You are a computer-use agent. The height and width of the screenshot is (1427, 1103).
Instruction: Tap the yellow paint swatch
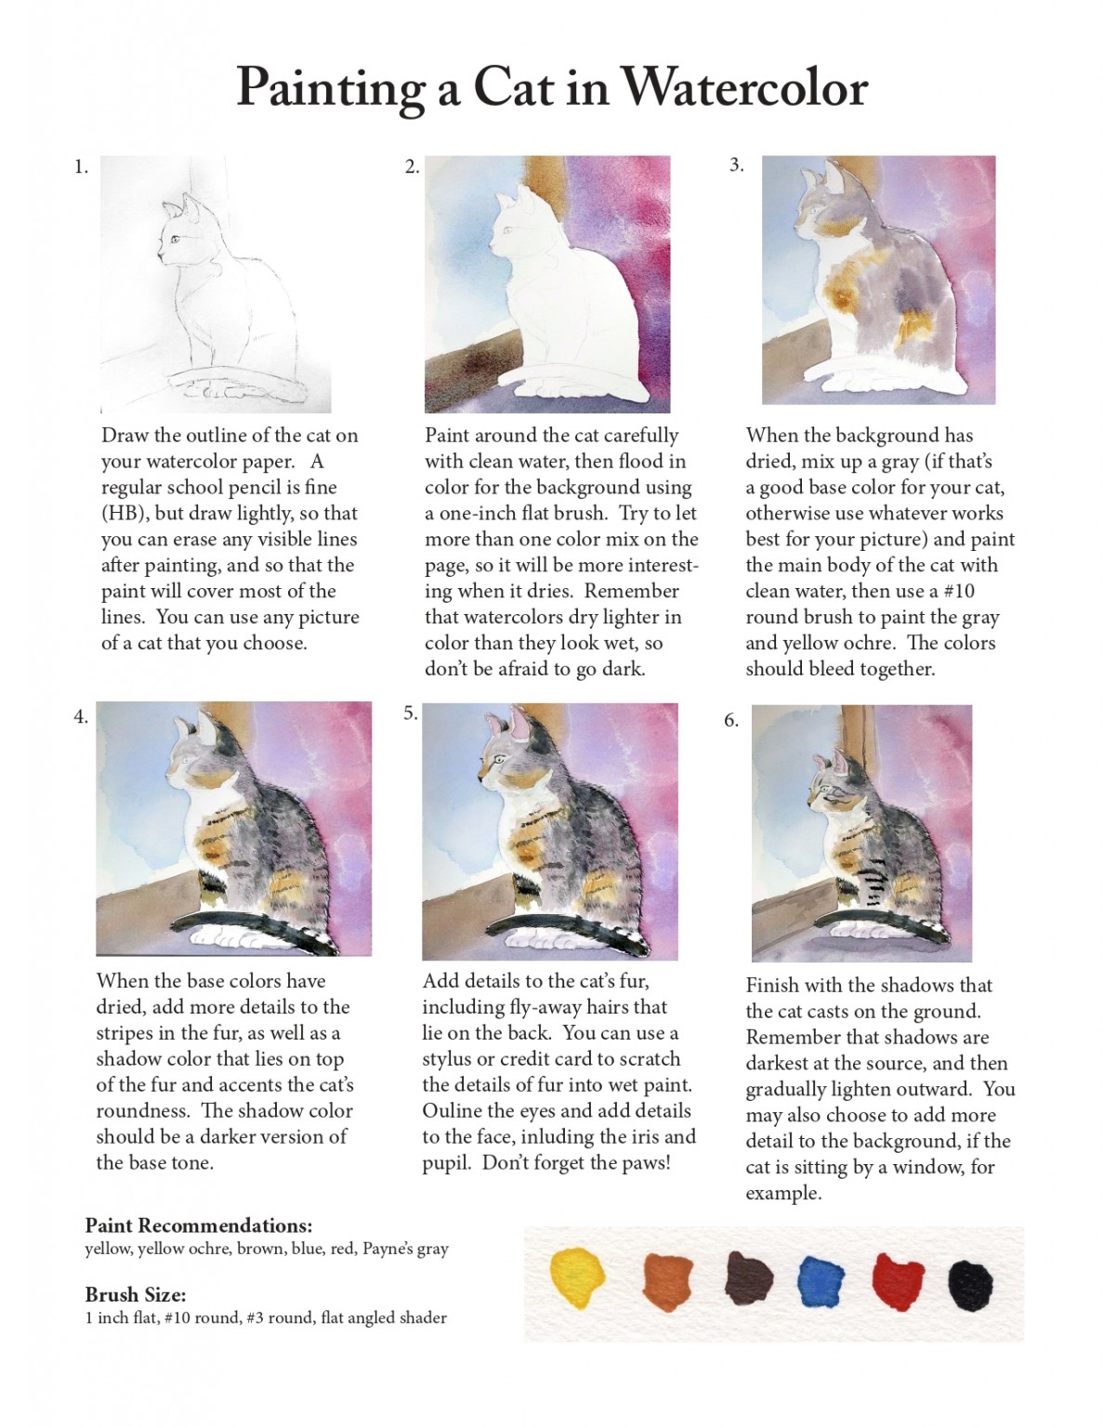[577, 1280]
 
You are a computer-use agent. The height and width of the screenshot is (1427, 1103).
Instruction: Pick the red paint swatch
[897, 1281]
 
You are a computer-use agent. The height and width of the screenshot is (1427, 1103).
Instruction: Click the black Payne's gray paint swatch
[970, 1285]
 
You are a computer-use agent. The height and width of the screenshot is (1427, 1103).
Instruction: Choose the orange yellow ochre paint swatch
[667, 1282]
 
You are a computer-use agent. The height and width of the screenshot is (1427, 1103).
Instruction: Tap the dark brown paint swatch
[748, 1279]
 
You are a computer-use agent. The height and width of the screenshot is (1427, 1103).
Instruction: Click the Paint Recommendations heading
[198, 1225]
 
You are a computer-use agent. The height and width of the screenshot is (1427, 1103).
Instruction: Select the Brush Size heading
[136, 1294]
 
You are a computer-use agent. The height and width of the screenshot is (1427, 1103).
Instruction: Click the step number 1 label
[81, 167]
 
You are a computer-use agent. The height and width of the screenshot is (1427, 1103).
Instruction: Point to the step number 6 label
[731, 720]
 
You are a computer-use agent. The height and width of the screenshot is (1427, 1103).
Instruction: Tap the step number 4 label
[81, 716]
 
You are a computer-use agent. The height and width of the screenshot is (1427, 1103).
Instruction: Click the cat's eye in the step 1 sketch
[174, 240]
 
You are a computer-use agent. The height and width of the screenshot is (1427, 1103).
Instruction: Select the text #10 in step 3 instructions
[960, 592]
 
